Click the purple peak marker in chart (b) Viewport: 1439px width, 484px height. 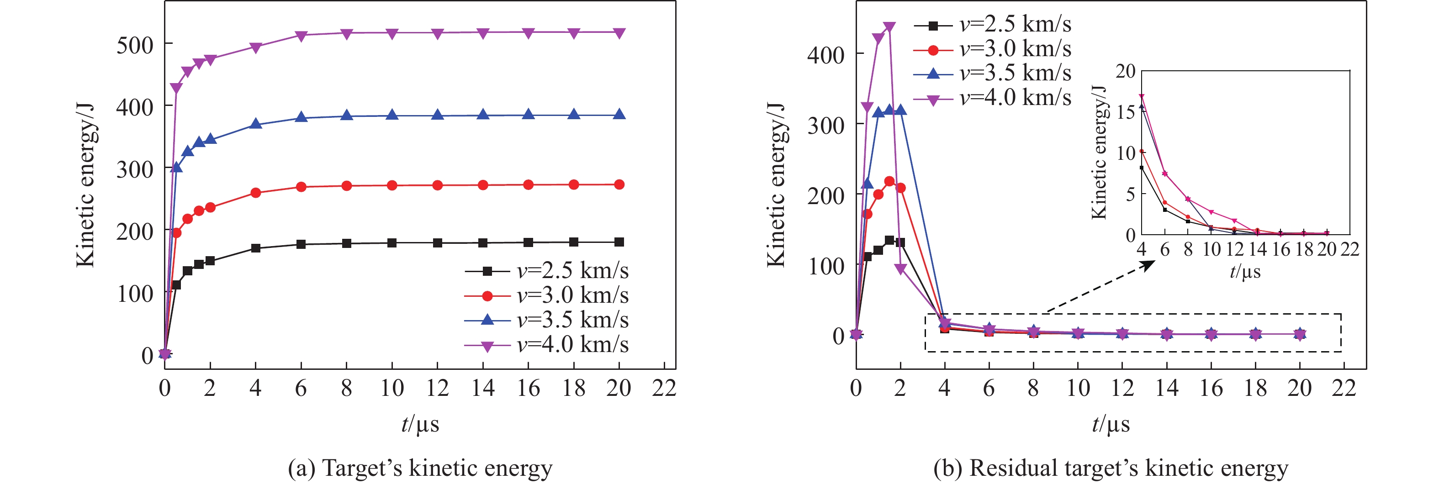coord(889,27)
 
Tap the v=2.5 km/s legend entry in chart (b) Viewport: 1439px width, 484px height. coord(992,25)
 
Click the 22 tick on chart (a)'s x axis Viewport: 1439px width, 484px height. coord(664,387)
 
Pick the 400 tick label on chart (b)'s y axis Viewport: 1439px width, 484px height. coord(825,55)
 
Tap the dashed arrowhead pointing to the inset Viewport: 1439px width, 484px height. coord(1148,265)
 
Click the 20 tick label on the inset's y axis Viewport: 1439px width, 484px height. coord(1126,71)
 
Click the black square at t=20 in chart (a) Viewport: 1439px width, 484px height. coord(619,242)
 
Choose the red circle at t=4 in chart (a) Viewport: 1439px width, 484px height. coord(256,193)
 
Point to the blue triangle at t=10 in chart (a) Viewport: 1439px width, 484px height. coord(392,116)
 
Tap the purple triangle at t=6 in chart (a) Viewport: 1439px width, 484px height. coord(301,36)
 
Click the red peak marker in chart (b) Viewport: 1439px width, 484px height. coord(889,181)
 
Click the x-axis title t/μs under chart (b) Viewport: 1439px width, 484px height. coord(1111,425)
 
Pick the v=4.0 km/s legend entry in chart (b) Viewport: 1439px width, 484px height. coord(992,98)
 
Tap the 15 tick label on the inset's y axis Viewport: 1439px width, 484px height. coord(1126,112)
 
